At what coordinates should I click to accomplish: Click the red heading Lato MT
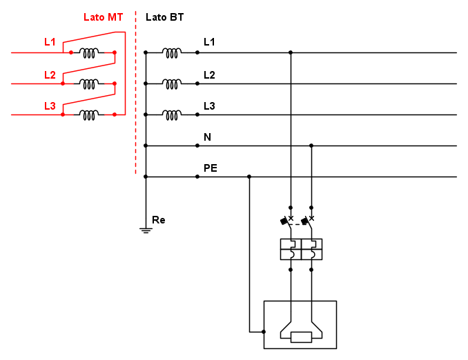coord(103,17)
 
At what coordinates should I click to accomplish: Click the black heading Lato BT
coord(165,17)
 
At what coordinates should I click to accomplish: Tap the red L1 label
coord(50,42)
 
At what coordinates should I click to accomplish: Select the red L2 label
coord(50,74)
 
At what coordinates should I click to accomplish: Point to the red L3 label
coord(50,106)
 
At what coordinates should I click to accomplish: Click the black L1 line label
coord(209,42)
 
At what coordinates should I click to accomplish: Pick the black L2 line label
coord(209,74)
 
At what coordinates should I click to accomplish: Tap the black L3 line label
coord(209,106)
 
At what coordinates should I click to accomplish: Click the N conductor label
coord(207,137)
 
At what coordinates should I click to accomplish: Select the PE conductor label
coord(211,168)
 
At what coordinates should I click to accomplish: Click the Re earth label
coord(159,220)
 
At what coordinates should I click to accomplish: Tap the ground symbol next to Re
coord(146,229)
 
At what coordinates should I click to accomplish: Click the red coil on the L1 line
coord(89,52)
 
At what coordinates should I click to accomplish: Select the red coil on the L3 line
coord(89,114)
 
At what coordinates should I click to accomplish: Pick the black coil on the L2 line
coord(172,83)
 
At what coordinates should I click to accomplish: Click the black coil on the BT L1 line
coord(172,52)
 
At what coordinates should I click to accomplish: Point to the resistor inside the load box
coord(302,337)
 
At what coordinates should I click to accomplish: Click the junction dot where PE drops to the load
coord(249,177)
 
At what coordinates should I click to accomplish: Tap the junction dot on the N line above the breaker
coord(311,146)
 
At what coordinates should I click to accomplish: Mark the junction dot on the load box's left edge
coord(264,332)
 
